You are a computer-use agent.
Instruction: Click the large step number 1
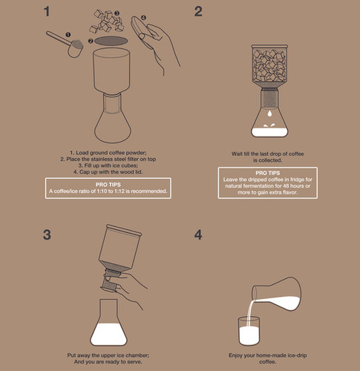[47, 11]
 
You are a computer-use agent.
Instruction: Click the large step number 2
[198, 11]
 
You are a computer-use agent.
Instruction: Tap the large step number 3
[47, 234]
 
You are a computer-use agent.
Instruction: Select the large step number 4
[198, 234]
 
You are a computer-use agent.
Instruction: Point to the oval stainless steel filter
[111, 41]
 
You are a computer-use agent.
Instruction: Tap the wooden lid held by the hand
[140, 27]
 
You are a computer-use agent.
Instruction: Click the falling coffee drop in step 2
[269, 114]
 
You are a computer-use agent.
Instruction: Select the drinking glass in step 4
[249, 331]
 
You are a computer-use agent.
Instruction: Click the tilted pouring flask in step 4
[277, 294]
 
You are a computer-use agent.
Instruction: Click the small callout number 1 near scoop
[68, 35]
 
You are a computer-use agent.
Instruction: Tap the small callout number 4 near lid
[143, 18]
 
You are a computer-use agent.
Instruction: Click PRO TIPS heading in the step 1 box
[108, 185]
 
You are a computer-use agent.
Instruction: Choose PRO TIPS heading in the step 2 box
[268, 173]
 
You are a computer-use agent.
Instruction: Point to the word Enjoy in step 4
[235, 355]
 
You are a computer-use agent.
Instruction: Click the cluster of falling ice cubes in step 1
[107, 21]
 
